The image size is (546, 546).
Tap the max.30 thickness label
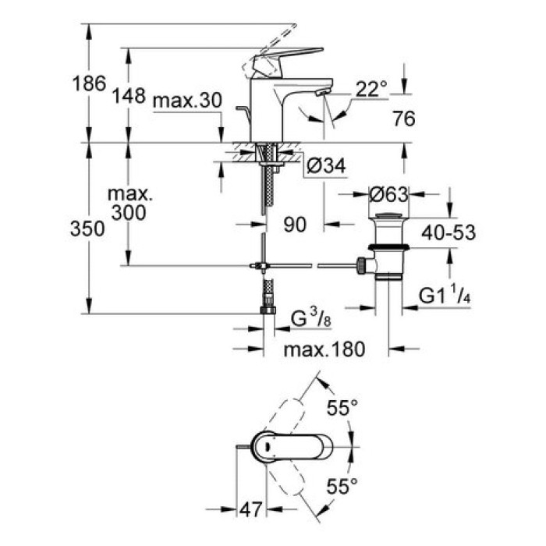(187, 101)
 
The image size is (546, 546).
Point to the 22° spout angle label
(371, 90)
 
